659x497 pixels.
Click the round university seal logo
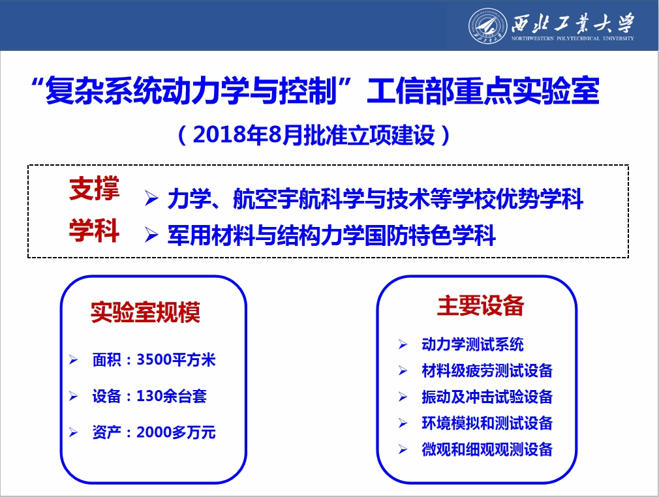point(487,25)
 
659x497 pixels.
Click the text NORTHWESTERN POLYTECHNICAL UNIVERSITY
point(572,38)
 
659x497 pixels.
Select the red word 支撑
point(95,189)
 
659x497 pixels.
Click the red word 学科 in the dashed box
point(95,231)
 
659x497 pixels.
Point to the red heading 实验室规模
point(146,312)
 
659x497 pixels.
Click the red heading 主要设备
point(481,305)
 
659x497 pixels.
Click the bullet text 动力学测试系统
point(473,344)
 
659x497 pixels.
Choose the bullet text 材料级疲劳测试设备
point(487,370)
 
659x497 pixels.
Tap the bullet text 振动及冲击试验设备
point(487,397)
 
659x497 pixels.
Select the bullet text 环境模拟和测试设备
point(487,423)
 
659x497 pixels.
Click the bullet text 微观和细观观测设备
point(487,449)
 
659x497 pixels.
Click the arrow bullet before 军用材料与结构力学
point(151,235)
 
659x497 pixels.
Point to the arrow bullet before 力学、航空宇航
point(151,198)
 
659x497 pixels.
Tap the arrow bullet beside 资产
point(73,432)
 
